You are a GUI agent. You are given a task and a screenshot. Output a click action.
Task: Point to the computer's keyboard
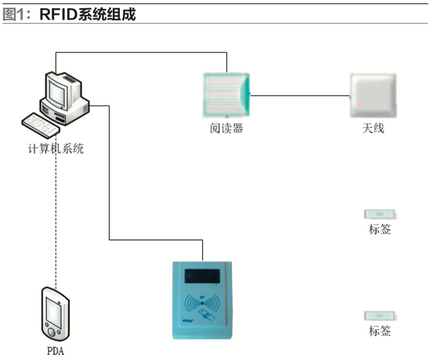[40, 125]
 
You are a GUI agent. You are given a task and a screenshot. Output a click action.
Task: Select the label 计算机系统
[56, 148]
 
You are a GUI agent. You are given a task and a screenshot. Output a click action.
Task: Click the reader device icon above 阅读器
[226, 95]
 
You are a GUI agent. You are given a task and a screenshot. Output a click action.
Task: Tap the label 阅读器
[226, 128]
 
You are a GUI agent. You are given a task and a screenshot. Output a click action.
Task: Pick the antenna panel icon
[373, 95]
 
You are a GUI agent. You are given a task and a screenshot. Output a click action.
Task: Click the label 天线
[373, 128]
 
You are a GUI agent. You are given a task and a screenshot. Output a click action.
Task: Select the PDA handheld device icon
[56, 313]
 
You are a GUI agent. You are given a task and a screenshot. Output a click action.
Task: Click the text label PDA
[55, 351]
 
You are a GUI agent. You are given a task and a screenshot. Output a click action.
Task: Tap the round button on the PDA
[53, 331]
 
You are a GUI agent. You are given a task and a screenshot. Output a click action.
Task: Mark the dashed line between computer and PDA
[56, 220]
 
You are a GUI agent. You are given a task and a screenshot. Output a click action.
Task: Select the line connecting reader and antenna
[300, 95]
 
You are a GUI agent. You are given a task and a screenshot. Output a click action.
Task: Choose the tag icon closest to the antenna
[380, 214]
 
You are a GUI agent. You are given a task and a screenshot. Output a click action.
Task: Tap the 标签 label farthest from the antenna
[380, 331]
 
